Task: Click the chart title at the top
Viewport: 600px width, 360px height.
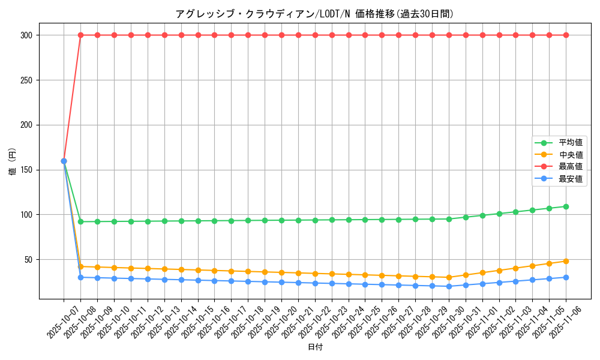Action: pyautogui.click(x=315, y=14)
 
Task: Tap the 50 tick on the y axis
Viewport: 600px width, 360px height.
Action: pyautogui.click(x=28, y=260)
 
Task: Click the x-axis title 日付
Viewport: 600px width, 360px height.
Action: pyautogui.click(x=315, y=347)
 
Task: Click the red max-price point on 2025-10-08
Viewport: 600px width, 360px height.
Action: pyautogui.click(x=80, y=35)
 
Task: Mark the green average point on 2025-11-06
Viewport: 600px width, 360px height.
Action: pyautogui.click(x=566, y=206)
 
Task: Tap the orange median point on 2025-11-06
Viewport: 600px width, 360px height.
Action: pyautogui.click(x=566, y=261)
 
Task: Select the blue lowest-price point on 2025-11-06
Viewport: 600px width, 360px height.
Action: pyautogui.click(x=566, y=277)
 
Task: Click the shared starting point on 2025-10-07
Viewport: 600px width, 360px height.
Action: pyautogui.click(x=64, y=161)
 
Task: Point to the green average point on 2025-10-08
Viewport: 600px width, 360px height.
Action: pyautogui.click(x=80, y=221)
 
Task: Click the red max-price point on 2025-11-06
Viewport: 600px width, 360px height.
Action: pyautogui.click(x=566, y=35)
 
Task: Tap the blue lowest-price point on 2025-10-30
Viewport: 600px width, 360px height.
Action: pyautogui.click(x=449, y=286)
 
